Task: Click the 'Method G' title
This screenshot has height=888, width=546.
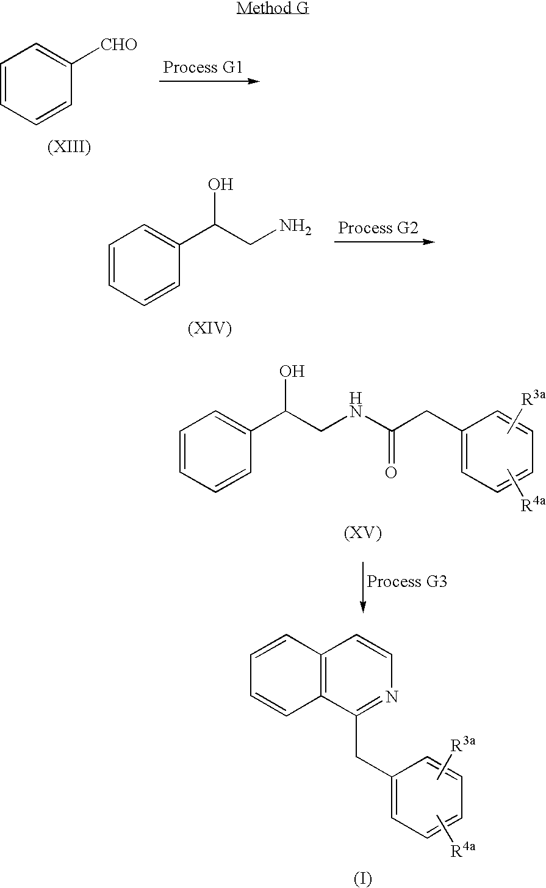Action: [273, 8]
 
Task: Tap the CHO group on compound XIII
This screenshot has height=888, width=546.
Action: [119, 45]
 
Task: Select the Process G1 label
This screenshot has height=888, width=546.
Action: [203, 67]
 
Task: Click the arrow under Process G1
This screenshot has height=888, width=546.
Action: [209, 81]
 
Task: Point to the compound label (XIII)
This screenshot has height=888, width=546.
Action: [70, 147]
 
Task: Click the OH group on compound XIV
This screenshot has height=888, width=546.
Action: [221, 184]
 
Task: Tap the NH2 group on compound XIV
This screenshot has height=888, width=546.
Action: [295, 227]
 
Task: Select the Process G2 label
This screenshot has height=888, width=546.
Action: [378, 228]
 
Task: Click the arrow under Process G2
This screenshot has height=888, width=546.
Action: [384, 242]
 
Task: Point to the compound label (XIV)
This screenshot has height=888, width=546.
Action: [210, 328]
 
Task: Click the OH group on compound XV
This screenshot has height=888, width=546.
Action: [292, 371]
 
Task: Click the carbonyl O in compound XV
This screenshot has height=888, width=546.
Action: [391, 472]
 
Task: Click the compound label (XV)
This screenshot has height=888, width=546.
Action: [363, 533]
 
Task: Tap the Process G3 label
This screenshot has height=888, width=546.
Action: [407, 581]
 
